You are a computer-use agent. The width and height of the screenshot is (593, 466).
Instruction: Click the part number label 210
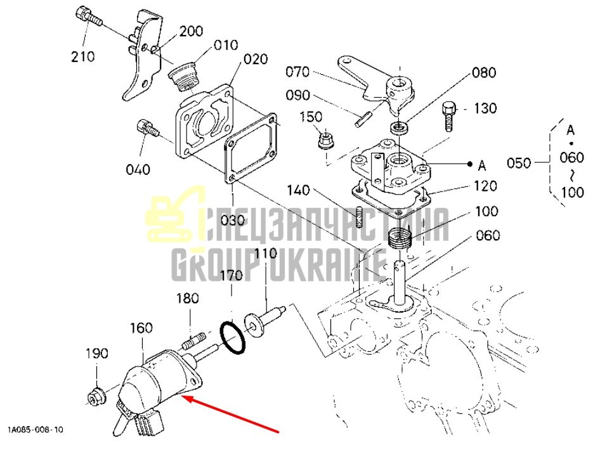point(83,56)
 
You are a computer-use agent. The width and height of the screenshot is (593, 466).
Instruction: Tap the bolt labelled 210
point(88,16)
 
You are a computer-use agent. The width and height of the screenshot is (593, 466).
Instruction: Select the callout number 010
point(226,45)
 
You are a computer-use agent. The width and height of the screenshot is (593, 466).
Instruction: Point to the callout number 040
point(138,169)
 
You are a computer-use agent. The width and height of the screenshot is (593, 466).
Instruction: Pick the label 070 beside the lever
point(297,72)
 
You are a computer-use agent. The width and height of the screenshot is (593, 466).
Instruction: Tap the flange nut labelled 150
point(325,140)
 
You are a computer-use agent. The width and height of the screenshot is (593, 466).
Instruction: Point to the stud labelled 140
point(359,217)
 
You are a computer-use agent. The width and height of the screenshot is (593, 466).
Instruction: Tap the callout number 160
point(141,328)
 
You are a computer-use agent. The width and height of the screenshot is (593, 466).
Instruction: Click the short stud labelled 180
point(193,340)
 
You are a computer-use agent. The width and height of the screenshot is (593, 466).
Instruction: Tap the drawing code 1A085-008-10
point(36,430)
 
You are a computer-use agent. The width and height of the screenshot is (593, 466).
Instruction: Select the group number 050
point(519,164)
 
